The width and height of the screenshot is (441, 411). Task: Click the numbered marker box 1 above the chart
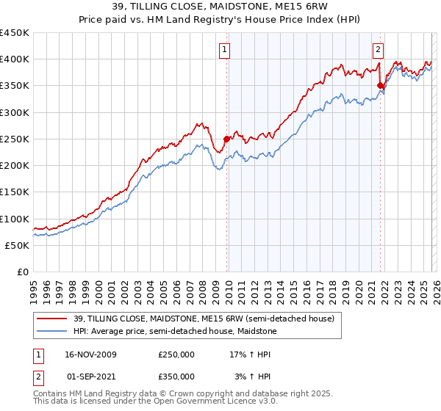tap(223, 50)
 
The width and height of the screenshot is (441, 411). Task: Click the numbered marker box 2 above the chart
tap(378, 50)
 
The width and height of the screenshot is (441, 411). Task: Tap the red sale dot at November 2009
tap(226, 138)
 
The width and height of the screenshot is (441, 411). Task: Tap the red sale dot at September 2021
tap(380, 85)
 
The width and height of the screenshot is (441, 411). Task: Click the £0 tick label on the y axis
tap(23, 272)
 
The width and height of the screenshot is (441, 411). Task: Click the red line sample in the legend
tap(52, 319)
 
